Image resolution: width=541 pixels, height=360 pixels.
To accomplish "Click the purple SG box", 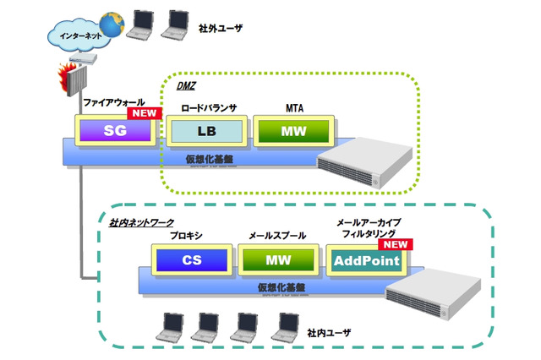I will pos(115,131).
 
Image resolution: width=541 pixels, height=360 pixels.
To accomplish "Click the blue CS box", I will pos(191,260).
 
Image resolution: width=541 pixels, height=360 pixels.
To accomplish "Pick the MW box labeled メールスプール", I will pos(278,260).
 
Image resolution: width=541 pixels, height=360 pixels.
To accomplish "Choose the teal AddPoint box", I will pos(366,260).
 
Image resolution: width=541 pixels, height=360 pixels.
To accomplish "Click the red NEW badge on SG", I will pos(143,113).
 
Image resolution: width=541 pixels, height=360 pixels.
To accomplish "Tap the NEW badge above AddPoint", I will pos(396,243).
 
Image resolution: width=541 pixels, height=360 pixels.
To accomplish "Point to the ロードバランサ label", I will pos(208,109).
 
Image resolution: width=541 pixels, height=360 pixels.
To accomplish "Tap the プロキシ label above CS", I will pos(186,236).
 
